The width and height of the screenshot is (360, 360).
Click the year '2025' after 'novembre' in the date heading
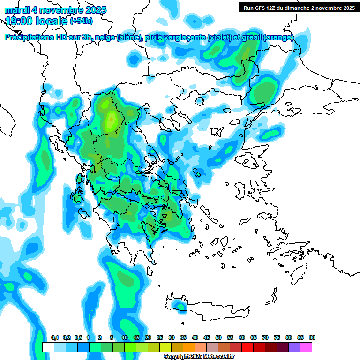pyautogui.click(x=95, y=10)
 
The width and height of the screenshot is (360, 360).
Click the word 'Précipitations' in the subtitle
pyautogui.click(x=28, y=37)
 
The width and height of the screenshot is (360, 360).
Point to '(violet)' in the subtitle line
pyautogui.click(x=219, y=37)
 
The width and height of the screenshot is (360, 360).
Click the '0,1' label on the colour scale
pyautogui.click(x=54, y=338)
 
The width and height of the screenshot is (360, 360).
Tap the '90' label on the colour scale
pyautogui.click(x=312, y=338)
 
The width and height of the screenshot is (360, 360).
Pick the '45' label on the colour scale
pyautogui.click(x=207, y=338)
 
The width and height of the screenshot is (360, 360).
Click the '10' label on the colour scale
pyautogui.click(x=125, y=338)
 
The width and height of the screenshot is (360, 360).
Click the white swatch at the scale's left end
pyautogui.click(x=48, y=347)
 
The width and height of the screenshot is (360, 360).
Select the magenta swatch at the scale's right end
pyautogui.click(x=306, y=347)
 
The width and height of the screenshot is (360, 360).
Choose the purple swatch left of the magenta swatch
pyautogui.click(x=294, y=347)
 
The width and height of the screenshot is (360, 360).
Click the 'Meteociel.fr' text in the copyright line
pyautogui.click(x=212, y=357)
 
